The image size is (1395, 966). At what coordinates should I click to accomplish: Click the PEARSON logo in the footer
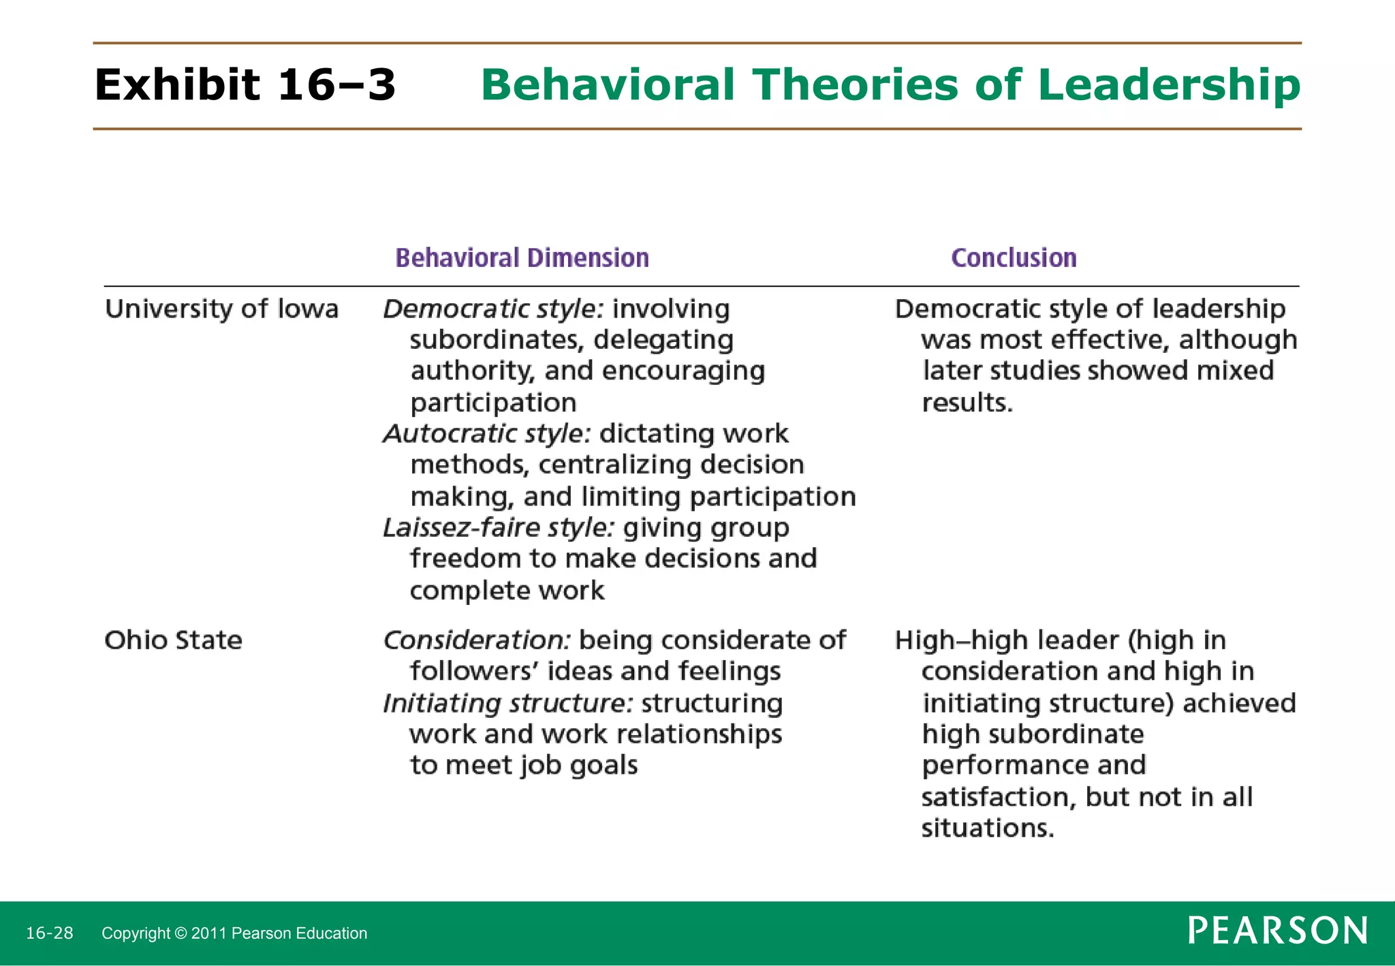tap(1278, 931)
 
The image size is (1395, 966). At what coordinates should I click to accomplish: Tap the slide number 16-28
tap(49, 933)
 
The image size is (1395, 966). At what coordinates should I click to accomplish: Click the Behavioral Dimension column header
tap(522, 258)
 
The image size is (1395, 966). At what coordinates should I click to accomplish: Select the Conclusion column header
tap(1014, 258)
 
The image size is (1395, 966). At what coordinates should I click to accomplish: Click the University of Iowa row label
tap(221, 309)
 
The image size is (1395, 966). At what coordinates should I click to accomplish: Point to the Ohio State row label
tap(173, 640)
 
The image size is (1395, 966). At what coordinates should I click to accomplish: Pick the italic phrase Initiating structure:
tap(508, 703)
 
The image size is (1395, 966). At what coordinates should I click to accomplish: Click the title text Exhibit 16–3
tap(245, 85)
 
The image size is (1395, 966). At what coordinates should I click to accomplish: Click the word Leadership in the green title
tap(1169, 85)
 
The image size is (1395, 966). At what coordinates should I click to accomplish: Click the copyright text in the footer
tap(234, 933)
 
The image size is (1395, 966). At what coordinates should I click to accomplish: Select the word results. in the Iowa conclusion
tap(967, 403)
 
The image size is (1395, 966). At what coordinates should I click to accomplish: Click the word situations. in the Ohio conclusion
tap(988, 828)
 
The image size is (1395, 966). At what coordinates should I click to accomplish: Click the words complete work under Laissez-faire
tap(507, 591)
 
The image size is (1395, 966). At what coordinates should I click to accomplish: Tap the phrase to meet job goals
tap(523, 766)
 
